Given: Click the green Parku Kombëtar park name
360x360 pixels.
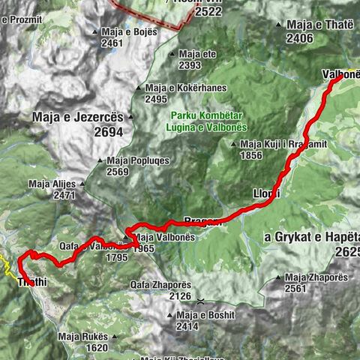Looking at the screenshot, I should coord(202,115).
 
